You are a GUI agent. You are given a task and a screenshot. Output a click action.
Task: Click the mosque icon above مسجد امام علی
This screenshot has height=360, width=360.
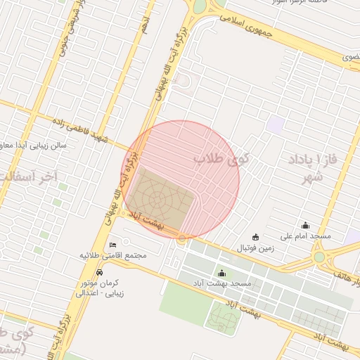point(305,226)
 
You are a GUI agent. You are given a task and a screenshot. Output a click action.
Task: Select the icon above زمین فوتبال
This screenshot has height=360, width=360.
point(255,237)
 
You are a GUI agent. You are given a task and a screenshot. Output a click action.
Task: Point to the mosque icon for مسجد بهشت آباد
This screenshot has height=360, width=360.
point(223,274)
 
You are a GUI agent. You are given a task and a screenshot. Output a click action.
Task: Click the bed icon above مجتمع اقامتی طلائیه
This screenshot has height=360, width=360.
point(113,245)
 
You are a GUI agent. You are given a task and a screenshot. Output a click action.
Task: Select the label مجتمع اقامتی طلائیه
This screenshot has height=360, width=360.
point(113,255)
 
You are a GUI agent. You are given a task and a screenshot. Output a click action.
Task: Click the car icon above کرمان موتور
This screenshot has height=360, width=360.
point(101,271)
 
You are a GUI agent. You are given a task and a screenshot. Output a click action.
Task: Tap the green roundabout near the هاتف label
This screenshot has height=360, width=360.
point(320,257)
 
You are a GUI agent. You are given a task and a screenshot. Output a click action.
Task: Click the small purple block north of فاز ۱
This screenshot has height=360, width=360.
point(276,125)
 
